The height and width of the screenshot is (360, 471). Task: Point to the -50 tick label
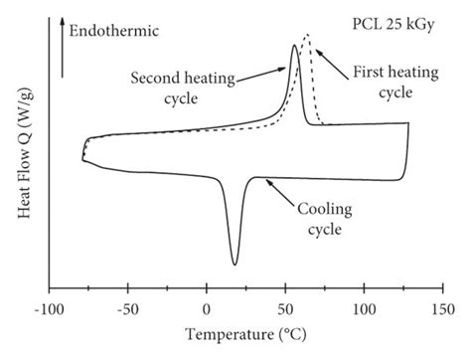(127, 309)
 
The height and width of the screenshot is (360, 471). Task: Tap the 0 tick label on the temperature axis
(207, 309)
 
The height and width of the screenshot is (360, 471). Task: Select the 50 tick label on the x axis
(286, 309)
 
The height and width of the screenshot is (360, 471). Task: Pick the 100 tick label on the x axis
(365, 309)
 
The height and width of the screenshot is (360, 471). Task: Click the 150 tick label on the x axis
(443, 309)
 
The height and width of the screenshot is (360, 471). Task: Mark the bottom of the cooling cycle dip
(235, 265)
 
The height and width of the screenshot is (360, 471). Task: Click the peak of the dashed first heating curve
(306, 37)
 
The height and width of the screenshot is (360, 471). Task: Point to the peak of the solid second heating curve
(293, 46)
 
